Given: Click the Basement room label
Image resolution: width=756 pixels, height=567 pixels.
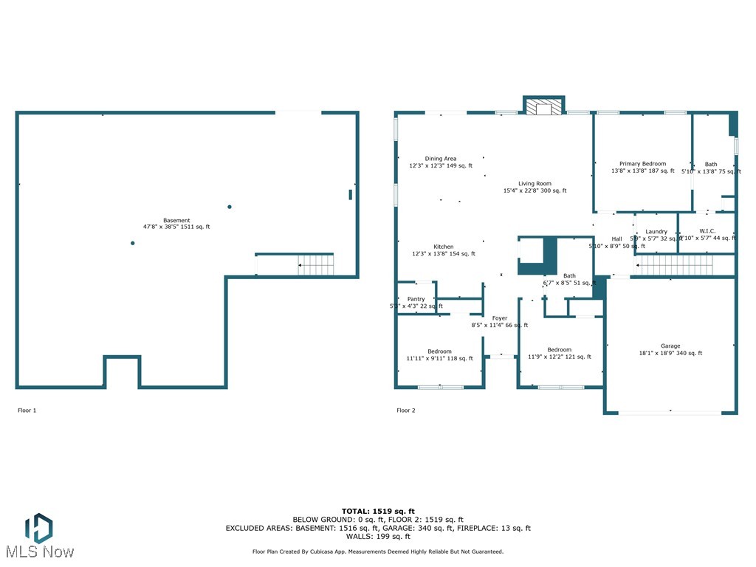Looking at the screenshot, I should (176, 221).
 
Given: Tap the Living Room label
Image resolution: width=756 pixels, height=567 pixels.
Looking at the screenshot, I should (535, 184).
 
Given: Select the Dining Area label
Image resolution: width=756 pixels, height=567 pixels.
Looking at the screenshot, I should (441, 159).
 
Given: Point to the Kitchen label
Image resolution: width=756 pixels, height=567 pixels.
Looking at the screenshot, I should (443, 247).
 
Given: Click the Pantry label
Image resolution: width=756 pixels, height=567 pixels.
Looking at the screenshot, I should (416, 299).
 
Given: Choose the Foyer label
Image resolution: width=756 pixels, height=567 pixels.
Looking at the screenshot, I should (500, 318).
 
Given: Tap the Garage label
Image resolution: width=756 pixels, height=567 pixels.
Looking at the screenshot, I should (670, 346).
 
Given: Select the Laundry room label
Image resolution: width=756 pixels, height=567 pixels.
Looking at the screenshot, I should (656, 232).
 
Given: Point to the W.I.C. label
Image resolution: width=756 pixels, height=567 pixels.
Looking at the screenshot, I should (707, 232).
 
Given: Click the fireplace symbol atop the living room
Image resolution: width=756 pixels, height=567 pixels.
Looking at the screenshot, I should (544, 107).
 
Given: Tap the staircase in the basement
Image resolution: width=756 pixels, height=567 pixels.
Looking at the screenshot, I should (315, 264).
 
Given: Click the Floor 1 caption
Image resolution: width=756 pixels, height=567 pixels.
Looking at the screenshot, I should (27, 410).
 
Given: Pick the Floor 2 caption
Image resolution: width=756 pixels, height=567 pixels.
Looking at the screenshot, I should (406, 410).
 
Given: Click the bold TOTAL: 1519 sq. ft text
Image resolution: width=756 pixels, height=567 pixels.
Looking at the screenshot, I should (378, 511).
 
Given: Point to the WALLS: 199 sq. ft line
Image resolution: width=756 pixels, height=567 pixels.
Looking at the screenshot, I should (378, 537).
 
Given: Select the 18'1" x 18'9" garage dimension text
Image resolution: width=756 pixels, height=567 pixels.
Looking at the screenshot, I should (670, 354).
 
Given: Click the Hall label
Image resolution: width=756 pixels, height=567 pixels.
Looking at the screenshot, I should (616, 239).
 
